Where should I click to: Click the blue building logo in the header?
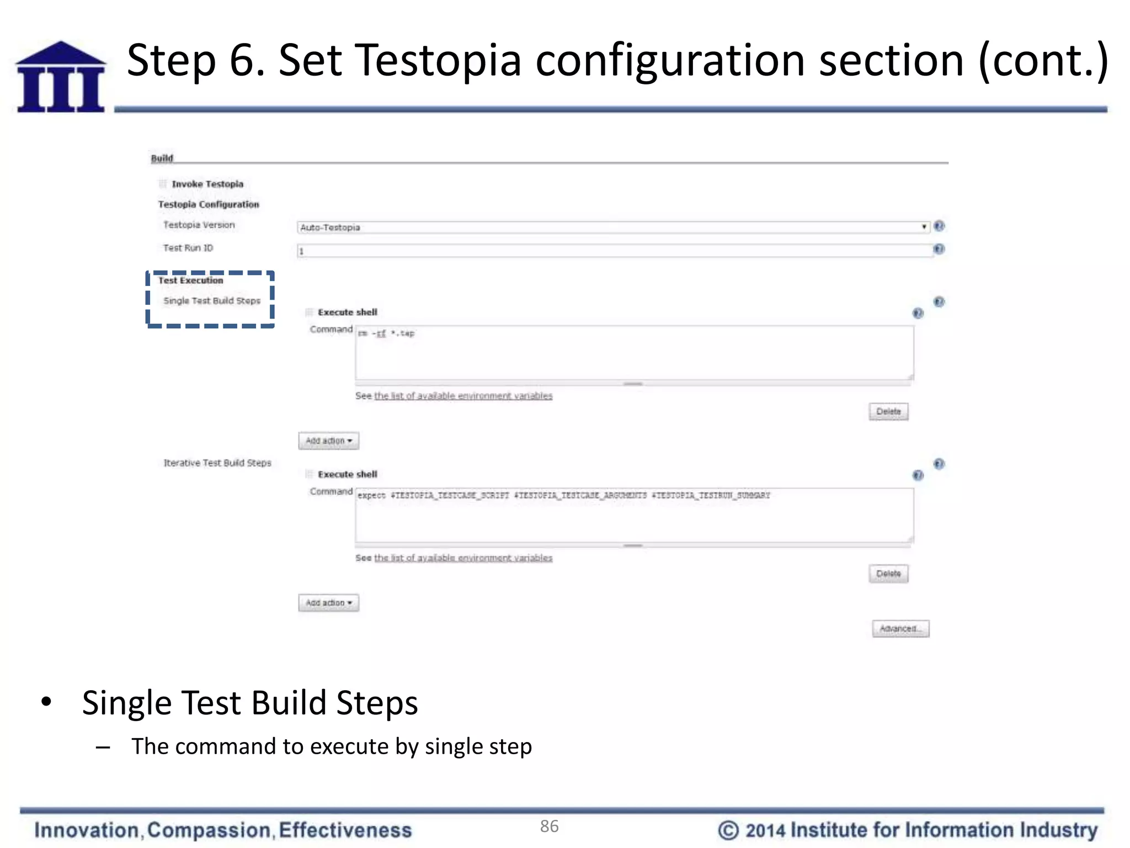[61, 77]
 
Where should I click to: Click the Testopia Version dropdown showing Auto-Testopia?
[612, 227]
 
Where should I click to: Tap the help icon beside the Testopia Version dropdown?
[939, 226]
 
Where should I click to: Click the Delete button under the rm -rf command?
[888, 412]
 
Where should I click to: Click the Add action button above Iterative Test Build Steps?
[329, 441]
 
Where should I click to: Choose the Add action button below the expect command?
[329, 603]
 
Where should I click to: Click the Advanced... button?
[900, 629]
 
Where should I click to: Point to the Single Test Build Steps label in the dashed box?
[212, 301]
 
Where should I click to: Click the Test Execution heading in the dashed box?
[191, 280]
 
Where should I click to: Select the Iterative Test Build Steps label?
[217, 463]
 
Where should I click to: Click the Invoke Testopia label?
[207, 184]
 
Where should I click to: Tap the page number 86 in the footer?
[550, 826]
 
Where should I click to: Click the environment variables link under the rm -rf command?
[463, 396]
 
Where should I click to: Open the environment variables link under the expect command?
[463, 558]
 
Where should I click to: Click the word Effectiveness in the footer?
[345, 830]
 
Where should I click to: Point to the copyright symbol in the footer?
[728, 830]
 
